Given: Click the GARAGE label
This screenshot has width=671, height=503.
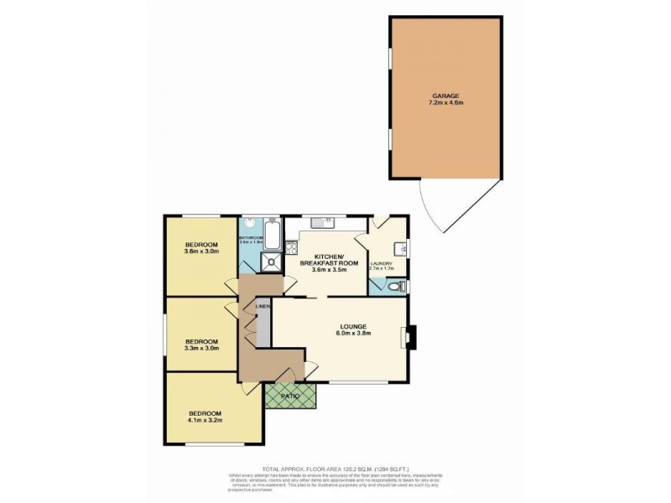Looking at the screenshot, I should click(445, 96).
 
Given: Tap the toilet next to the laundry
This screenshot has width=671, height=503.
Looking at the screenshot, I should click(398, 287).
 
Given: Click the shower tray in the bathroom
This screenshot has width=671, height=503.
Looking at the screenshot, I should click(271, 263).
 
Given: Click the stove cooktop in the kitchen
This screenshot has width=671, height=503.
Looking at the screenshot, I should click(292, 247).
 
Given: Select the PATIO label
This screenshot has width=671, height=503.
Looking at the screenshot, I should click(290, 395).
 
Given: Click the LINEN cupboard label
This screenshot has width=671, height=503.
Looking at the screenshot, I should click(263, 308).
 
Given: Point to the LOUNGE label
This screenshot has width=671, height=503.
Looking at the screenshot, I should click(353, 325).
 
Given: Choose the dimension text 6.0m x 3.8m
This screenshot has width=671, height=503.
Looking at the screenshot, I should click(353, 334).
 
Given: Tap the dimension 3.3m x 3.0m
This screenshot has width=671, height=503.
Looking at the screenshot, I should click(202, 350).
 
